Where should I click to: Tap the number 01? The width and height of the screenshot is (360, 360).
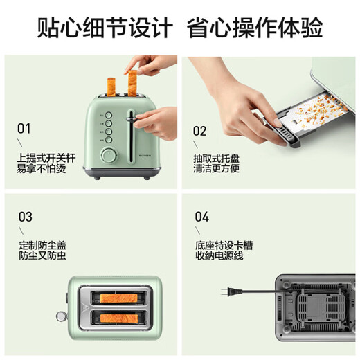click(25, 128)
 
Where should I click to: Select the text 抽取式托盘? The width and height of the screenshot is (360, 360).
click(213, 157)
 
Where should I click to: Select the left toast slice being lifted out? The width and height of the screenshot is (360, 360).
click(109, 81)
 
